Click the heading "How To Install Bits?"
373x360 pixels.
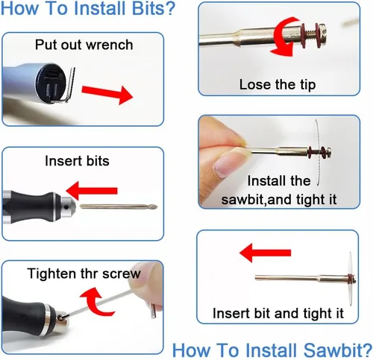[88, 8]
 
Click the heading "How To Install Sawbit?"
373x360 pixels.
[272, 350]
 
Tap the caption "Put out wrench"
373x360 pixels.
[84, 45]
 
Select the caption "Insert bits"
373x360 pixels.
[77, 161]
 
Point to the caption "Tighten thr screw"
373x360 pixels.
[84, 274]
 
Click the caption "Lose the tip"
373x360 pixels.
[278, 84]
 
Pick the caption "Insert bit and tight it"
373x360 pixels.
[278, 313]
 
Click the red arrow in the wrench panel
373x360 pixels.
[107, 95]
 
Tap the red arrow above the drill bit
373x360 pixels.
[92, 191]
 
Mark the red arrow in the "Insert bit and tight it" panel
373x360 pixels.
[265, 253]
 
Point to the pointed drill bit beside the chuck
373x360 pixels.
[119, 206]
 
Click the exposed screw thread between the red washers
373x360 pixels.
[310, 34]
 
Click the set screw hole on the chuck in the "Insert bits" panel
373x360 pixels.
[66, 206]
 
